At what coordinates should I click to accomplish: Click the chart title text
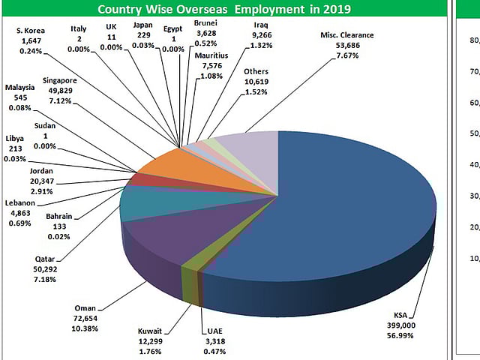224,10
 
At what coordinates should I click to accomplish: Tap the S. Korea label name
31,31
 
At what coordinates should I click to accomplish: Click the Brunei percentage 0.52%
205,43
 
